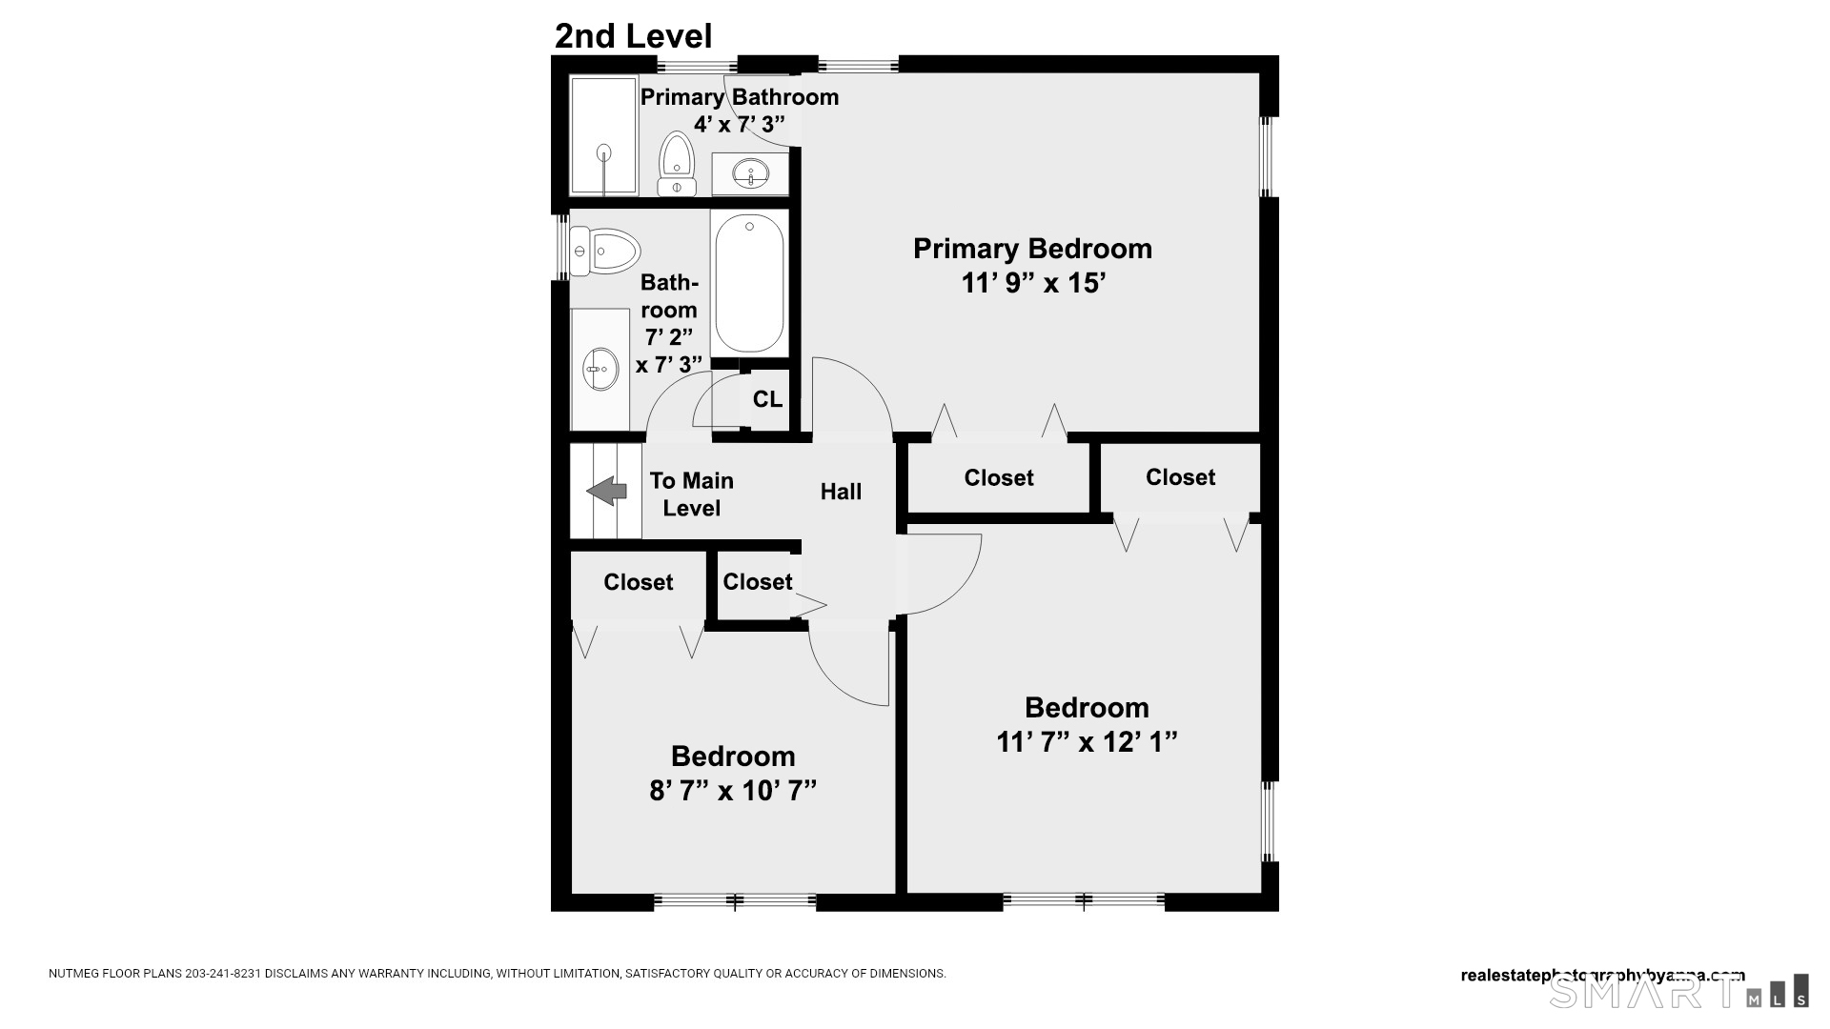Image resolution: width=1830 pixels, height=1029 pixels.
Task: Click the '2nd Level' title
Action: tap(633, 36)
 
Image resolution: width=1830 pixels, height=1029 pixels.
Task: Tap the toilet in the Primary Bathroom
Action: tap(677, 164)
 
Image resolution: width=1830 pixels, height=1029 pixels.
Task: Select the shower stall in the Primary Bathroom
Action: tap(603, 135)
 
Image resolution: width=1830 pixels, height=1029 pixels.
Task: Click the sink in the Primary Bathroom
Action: tap(751, 173)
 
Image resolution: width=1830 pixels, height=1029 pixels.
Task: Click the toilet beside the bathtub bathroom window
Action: tap(604, 252)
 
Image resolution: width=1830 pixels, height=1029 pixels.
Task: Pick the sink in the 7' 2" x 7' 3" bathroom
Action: tap(600, 369)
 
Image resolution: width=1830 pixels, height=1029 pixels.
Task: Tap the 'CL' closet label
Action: tap(767, 399)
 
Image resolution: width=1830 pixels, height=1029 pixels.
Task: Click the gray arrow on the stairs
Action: tap(606, 492)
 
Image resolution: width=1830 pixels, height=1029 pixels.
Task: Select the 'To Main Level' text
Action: tap(691, 494)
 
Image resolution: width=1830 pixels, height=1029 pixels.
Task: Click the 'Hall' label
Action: tap(841, 492)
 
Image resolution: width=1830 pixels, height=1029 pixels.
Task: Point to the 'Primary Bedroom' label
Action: tap(1032, 249)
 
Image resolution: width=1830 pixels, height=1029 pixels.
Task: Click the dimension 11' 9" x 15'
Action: tap(1032, 284)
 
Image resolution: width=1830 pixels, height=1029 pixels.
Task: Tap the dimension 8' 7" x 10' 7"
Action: tap(732, 791)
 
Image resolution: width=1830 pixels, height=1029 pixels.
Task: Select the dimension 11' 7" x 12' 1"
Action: tap(1087, 741)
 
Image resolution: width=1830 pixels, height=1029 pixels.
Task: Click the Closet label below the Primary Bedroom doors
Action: tap(998, 477)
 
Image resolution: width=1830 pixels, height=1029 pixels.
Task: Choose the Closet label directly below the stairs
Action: tap(638, 582)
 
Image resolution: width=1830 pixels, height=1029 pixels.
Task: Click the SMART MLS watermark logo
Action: tap(1677, 992)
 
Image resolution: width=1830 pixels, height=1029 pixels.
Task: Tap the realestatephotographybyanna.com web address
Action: tap(1602, 975)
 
